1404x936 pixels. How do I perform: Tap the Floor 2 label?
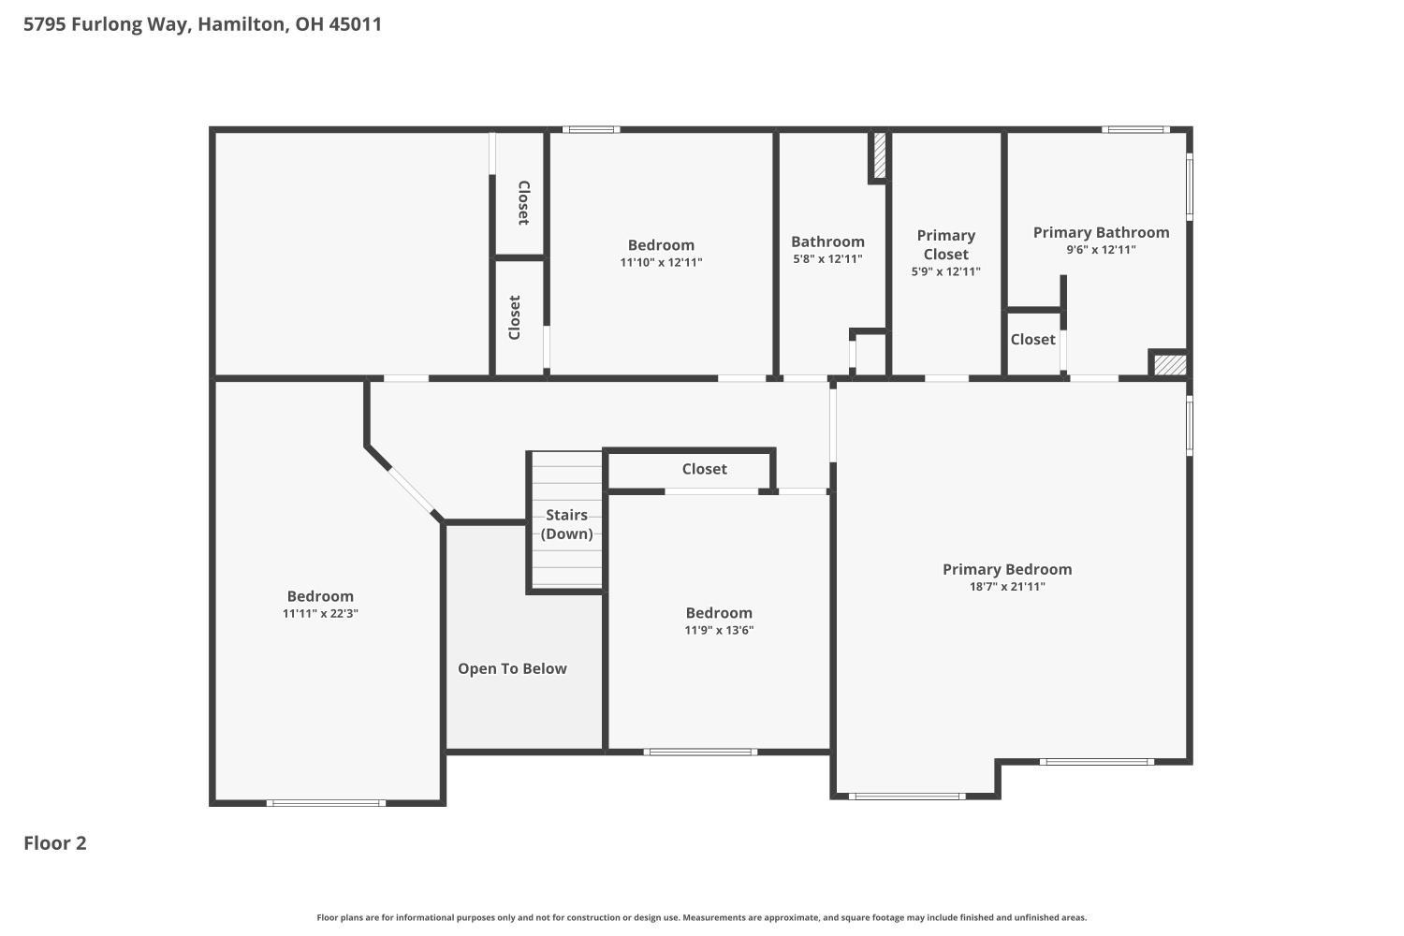coord(55,843)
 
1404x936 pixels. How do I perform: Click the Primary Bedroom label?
coord(1007,569)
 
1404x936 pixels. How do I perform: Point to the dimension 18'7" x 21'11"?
coord(1007,587)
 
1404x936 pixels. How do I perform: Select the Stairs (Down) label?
coord(566,524)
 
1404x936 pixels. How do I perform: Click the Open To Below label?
coord(512,669)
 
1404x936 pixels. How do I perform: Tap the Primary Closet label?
coord(945,245)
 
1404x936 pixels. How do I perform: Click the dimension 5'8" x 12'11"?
coord(827,259)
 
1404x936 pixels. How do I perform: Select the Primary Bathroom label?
coord(1102,232)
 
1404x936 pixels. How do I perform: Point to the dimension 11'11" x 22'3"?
coord(320,614)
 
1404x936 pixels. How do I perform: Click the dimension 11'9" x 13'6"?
coord(719,630)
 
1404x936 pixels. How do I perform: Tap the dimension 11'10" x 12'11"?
coord(661,263)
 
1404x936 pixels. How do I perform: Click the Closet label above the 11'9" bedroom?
coord(705,469)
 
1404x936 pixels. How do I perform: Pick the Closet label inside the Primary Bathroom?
coord(1033,339)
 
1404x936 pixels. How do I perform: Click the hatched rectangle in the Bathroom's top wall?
coord(880,155)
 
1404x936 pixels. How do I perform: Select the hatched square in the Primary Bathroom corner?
coord(1170,365)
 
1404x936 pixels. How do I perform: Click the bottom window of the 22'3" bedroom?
coord(326,803)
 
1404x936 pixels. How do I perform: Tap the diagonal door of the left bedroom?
coord(411,491)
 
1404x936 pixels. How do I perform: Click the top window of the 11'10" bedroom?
coord(591,130)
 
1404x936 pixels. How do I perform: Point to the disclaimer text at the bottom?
coord(701,918)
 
